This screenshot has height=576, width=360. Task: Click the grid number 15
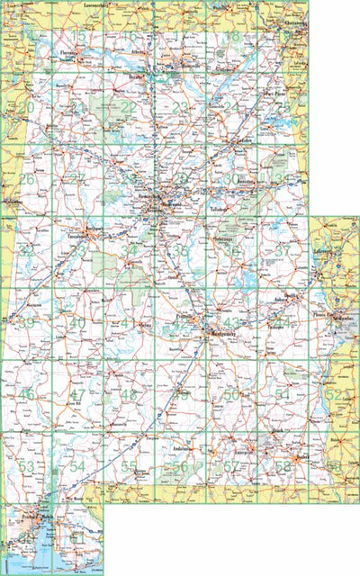click(x=79, y=37)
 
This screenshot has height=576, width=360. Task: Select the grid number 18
click(x=233, y=36)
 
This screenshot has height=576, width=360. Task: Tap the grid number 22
click(x=130, y=107)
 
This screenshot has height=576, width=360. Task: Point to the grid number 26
click(x=27, y=179)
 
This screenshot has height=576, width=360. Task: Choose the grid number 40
click(x=78, y=323)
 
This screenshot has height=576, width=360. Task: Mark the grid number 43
click(x=232, y=323)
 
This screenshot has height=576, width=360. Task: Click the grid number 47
click(x=78, y=394)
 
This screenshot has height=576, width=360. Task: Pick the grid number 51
click(x=283, y=394)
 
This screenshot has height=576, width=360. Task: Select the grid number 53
click(x=27, y=466)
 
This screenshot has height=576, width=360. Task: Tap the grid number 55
click(x=130, y=466)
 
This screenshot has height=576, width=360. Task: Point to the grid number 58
click(x=283, y=466)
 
